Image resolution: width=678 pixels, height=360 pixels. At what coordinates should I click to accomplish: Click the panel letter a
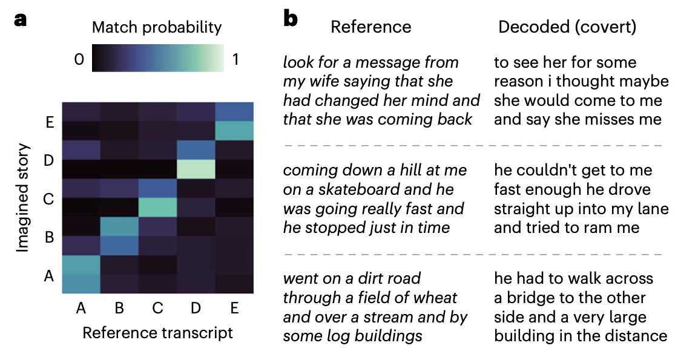click(21, 19)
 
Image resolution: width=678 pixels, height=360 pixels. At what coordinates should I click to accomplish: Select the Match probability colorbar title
click(157, 27)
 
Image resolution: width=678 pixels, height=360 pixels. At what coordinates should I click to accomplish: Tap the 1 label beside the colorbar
click(235, 59)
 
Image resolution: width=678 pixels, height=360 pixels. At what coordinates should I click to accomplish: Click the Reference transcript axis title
click(157, 333)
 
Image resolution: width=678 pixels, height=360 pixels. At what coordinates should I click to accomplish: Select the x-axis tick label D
click(196, 309)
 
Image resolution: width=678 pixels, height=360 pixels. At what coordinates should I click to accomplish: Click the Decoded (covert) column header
click(567, 27)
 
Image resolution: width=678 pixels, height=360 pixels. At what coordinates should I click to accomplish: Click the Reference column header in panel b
click(371, 27)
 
